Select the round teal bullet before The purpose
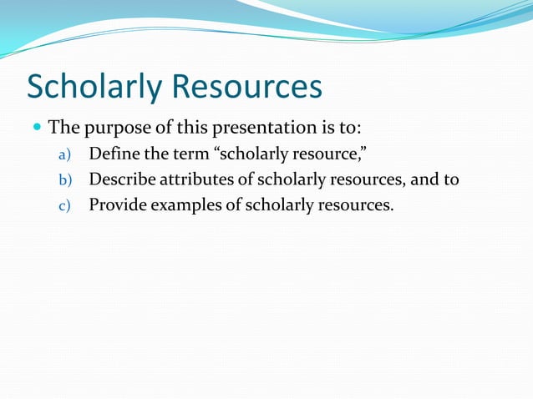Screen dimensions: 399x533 pyautogui.click(x=36, y=129)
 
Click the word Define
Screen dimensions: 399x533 pyautogui.click(x=113, y=154)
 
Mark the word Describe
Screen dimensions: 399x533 pyautogui.click(x=122, y=179)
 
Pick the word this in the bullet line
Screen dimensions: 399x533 pyautogui.click(x=190, y=129)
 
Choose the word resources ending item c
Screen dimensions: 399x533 pyautogui.click(x=356, y=204)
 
